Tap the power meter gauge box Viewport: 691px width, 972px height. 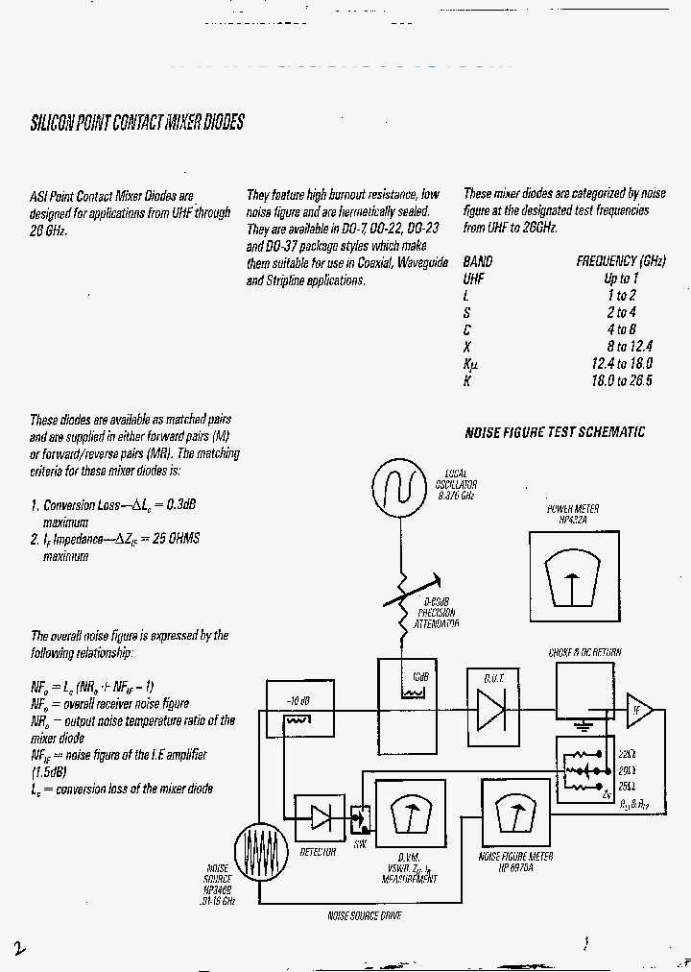click(x=574, y=571)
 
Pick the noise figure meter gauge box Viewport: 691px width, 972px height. click(x=515, y=814)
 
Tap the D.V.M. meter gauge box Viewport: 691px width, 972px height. click(x=411, y=814)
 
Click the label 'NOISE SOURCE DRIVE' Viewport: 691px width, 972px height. click(x=365, y=916)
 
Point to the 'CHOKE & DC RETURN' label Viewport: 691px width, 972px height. click(x=584, y=652)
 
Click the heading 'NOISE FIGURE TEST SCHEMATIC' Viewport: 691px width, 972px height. click(x=555, y=433)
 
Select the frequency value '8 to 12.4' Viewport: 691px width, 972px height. click(x=629, y=347)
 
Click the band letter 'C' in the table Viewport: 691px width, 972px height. click(x=466, y=329)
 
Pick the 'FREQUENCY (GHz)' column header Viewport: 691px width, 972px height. click(x=621, y=261)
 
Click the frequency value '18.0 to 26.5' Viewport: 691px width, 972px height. click(x=622, y=380)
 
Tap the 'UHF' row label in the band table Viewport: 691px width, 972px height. click(x=472, y=279)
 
